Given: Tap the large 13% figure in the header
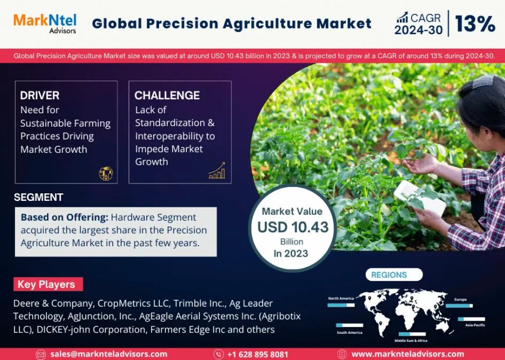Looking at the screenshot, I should pyautogui.click(x=474, y=24).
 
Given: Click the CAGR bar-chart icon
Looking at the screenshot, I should pyautogui.click(x=402, y=17).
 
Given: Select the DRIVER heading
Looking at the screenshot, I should pyautogui.click(x=39, y=95).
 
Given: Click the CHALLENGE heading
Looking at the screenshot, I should pyautogui.click(x=167, y=95).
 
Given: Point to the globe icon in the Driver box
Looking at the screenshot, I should pyautogui.click(x=106, y=172).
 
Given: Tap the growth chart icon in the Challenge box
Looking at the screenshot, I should pyautogui.click(x=217, y=171).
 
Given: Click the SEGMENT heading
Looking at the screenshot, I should pyautogui.click(x=38, y=197).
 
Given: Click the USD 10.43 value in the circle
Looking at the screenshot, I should pyautogui.click(x=293, y=227).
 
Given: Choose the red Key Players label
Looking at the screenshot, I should pyautogui.click(x=47, y=285).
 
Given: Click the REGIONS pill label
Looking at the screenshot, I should pyautogui.click(x=389, y=275).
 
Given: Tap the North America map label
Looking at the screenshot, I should pyautogui.click(x=341, y=298).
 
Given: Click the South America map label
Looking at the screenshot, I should pyautogui.click(x=349, y=333).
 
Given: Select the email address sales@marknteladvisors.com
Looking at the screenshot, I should pyautogui.click(x=109, y=354).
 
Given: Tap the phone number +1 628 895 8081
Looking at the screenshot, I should pyautogui.click(x=258, y=354).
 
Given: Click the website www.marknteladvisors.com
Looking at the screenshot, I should pyautogui.click(x=407, y=354).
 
